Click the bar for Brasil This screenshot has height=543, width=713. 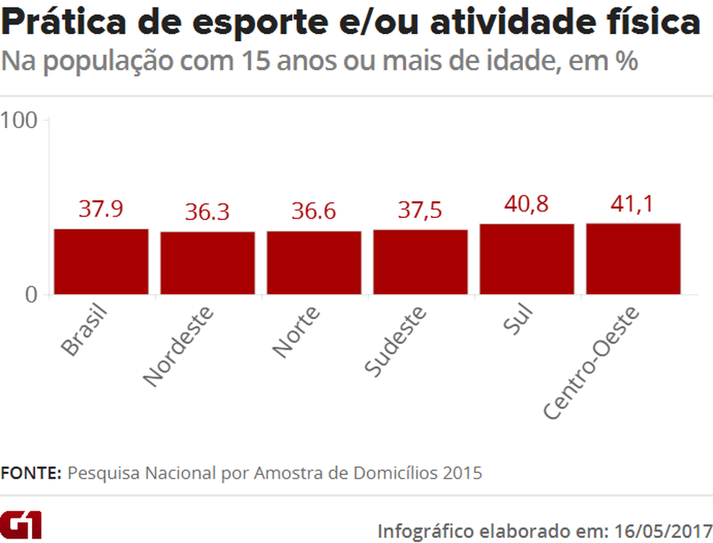(101, 261)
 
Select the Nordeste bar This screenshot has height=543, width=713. (207, 263)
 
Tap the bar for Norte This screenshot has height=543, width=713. (314, 263)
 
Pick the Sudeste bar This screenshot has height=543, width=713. (420, 262)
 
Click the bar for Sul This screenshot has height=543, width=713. (527, 259)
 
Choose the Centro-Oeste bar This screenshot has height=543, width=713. (633, 258)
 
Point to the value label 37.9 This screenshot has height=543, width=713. (101, 209)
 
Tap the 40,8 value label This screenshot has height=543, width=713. (527, 205)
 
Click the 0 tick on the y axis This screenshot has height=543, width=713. (31, 295)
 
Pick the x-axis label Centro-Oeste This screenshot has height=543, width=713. (592, 364)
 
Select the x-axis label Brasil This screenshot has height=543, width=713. (84, 332)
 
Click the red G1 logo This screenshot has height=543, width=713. (21, 524)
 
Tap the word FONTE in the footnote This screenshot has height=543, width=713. (31, 473)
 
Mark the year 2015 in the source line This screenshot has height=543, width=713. (463, 473)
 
